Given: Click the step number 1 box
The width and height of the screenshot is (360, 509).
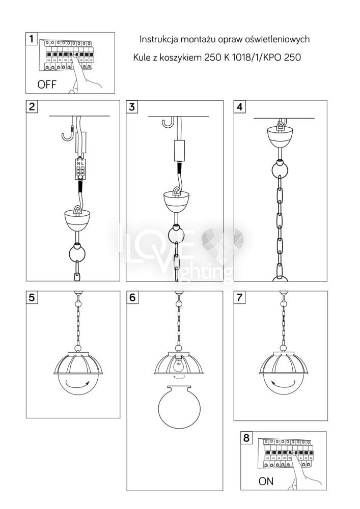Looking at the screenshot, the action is (31, 39).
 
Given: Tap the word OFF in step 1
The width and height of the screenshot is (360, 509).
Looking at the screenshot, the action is (47, 84).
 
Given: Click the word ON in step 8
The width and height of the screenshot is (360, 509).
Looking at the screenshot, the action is (266, 481).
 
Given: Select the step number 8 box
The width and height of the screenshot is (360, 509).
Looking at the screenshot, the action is (246, 438).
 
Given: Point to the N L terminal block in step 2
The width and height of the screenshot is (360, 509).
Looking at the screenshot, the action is (80, 168).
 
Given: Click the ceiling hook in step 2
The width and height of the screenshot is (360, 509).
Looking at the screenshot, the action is (68, 133).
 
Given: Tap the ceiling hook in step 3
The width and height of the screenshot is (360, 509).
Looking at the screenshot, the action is (168, 123).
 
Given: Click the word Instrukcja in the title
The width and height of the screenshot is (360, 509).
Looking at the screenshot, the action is (159, 40).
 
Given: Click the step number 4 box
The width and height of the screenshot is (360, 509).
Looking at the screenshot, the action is (239, 106).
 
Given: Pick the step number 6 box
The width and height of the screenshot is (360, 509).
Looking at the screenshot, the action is (132, 297).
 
